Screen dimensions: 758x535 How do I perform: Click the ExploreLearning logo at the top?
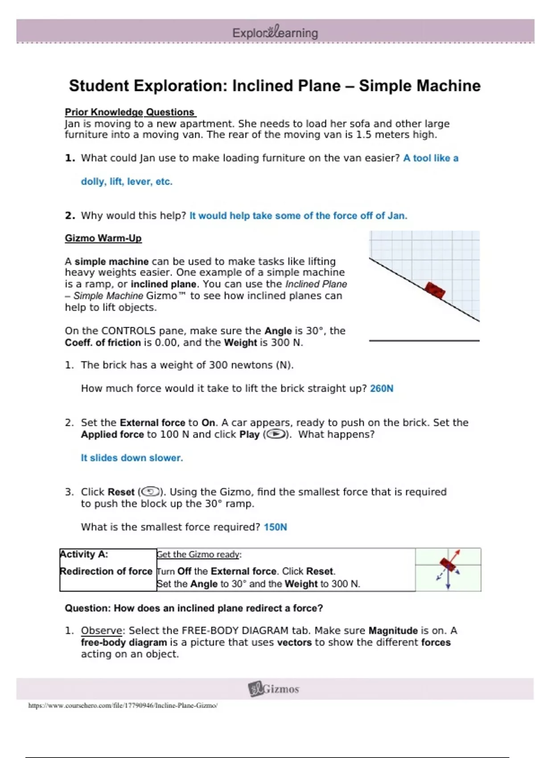275,33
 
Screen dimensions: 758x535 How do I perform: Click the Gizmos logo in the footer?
274,689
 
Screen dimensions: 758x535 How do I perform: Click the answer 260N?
382,388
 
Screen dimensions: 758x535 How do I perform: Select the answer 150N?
275,527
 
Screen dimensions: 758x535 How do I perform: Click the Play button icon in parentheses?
276,434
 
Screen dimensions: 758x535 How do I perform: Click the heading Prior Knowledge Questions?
130,112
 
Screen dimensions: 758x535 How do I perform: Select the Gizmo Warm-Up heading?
103,238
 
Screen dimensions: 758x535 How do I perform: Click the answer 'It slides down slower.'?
132,458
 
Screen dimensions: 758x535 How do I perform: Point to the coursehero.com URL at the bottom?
123,705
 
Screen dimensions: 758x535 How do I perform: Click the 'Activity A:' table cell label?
84,554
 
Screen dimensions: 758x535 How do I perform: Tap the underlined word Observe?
102,630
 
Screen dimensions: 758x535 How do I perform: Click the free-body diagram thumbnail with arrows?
448,569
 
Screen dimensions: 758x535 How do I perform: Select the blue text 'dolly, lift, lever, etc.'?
127,181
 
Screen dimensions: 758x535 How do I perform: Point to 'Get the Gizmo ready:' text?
199,554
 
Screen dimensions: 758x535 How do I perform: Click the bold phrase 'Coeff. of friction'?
103,342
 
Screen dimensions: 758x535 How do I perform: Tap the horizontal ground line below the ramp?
424,341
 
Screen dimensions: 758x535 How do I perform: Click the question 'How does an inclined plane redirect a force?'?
218,608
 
